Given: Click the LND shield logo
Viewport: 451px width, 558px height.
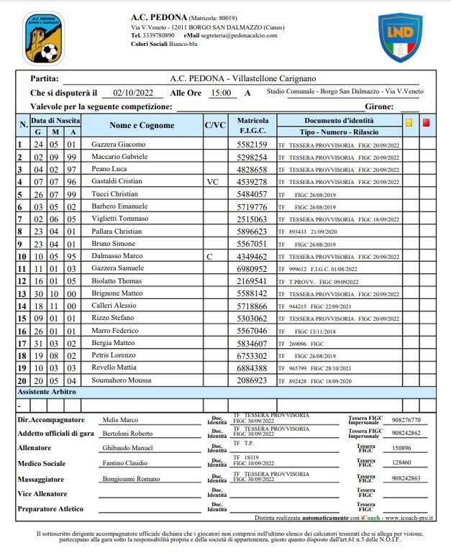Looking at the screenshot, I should click(x=400, y=37).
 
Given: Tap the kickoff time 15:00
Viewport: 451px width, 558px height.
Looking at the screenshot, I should click(x=221, y=93).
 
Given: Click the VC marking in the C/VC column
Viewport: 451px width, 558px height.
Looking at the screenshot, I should click(x=212, y=182).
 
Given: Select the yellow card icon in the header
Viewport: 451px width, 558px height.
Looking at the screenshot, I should click(x=409, y=122).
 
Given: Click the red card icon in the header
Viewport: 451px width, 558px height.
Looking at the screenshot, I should click(x=426, y=122).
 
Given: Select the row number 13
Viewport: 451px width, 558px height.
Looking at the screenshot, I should click(x=22, y=293).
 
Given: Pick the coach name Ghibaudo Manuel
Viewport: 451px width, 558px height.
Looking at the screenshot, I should click(x=127, y=447).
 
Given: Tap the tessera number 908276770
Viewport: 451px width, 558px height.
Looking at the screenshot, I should click(x=406, y=420).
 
